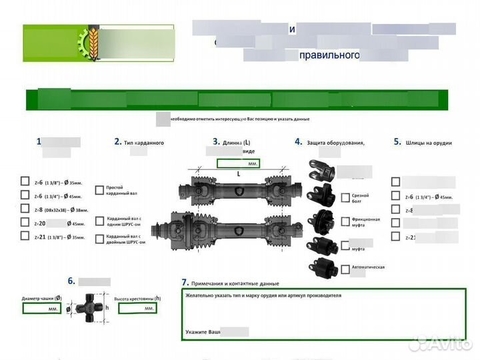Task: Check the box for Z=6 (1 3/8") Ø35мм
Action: coord(25,182)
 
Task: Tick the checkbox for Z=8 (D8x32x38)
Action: coord(25,209)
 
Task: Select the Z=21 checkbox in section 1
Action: coord(25,236)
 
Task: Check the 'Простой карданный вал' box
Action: coord(99,189)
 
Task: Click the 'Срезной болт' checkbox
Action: coord(345,198)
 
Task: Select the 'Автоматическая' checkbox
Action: coord(345,269)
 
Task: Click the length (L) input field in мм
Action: coord(237,163)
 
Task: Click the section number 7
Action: coord(185,283)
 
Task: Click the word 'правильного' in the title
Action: coord(329,55)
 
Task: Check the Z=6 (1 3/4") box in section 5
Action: coord(396,197)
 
